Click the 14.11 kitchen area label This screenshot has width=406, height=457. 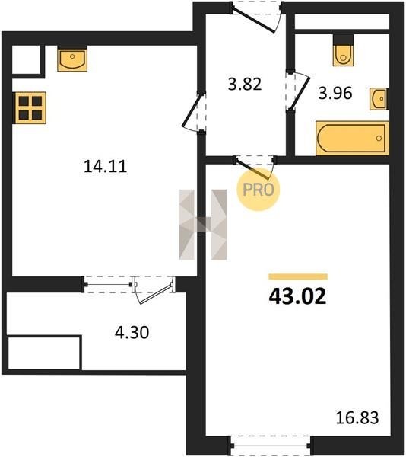(x=105, y=166)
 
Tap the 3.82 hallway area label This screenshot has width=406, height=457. (x=245, y=85)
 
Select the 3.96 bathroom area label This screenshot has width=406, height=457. (x=335, y=93)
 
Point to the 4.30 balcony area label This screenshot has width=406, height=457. (x=132, y=332)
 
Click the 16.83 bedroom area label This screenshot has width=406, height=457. (x=357, y=417)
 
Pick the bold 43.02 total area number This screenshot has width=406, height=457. (x=297, y=297)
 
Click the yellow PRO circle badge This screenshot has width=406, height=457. (x=259, y=190)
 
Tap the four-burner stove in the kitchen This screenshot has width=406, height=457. (x=30, y=108)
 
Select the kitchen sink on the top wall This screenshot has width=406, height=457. (x=72, y=59)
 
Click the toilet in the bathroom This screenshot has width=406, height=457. (x=343, y=51)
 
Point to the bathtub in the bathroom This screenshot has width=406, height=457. (x=352, y=139)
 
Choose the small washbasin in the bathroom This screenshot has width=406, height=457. (x=379, y=99)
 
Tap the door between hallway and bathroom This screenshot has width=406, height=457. (x=297, y=91)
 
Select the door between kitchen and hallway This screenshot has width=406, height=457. (x=194, y=112)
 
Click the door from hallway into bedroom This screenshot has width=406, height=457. (x=255, y=168)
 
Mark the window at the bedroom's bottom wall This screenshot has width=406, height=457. (x=271, y=446)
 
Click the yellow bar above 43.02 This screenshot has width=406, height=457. (x=298, y=276)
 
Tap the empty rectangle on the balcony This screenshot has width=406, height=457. (x=44, y=353)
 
